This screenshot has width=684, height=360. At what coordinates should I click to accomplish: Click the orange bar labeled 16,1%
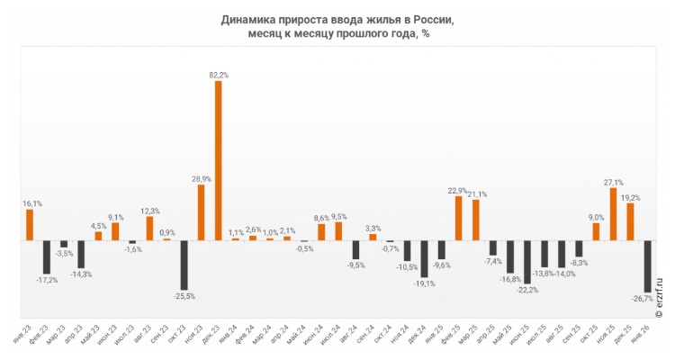[x=30, y=225]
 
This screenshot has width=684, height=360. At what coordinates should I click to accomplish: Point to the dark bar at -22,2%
[x=526, y=261]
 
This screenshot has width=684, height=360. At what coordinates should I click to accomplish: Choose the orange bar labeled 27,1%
[x=613, y=214]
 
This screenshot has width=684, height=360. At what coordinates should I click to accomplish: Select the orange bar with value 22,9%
[x=458, y=219]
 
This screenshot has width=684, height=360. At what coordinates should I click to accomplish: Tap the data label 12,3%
[x=149, y=211]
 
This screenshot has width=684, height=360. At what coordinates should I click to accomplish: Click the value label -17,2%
[x=47, y=280]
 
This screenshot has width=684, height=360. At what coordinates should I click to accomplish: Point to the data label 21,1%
[x=477, y=193]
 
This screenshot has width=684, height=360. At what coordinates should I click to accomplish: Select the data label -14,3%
[x=81, y=274]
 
